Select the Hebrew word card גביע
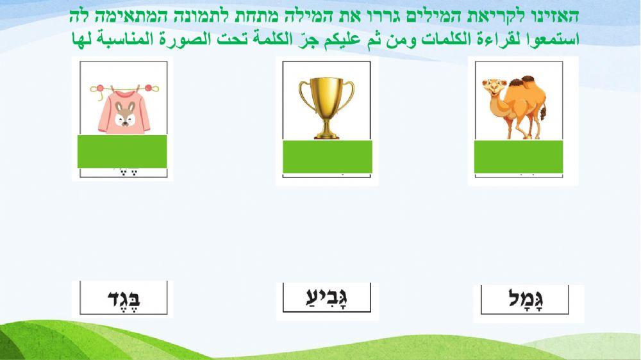pyautogui.click(x=328, y=298)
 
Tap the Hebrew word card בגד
pyautogui.click(x=122, y=299)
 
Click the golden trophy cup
pyautogui.click(x=326, y=106)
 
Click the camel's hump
pyautogui.click(x=529, y=84)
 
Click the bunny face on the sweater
pyautogui.click(x=124, y=115)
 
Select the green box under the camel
pyautogui.click(x=519, y=157)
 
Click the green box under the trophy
pyautogui.click(x=327, y=156)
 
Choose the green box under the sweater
pyautogui.click(x=122, y=151)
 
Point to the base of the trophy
pyautogui.click(x=326, y=134)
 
